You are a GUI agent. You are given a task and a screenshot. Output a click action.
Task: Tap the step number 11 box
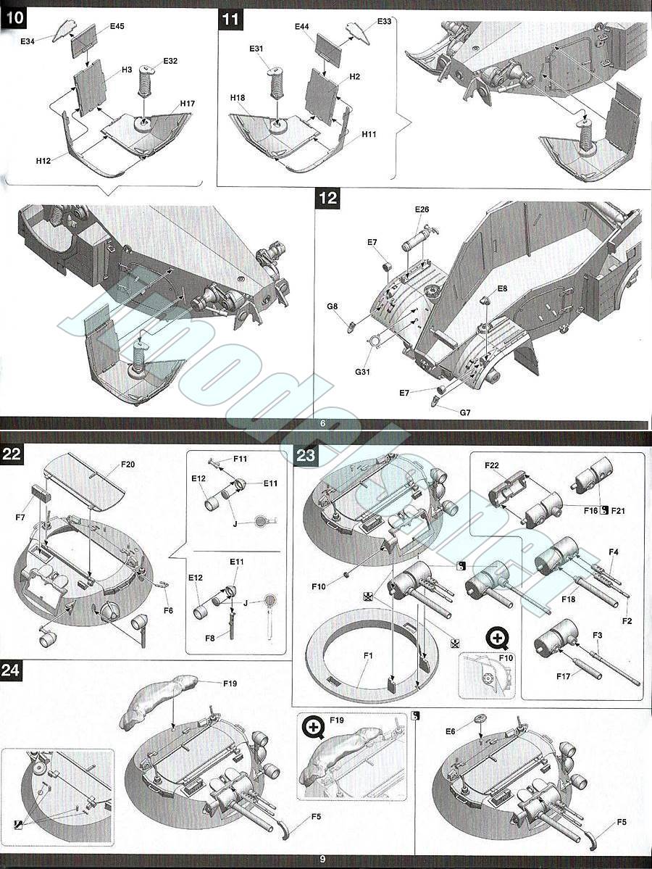pyautogui.click(x=230, y=20)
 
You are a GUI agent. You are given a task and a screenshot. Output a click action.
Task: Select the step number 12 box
pyautogui.click(x=328, y=198)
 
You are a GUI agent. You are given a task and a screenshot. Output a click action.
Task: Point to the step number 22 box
pyautogui.click(x=11, y=454)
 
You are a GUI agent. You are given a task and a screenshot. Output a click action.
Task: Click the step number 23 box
pyautogui.click(x=306, y=455)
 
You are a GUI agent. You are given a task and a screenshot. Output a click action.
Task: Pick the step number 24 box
pyautogui.click(x=11, y=670)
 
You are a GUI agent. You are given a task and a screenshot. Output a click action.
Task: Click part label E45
pyautogui.click(x=117, y=26)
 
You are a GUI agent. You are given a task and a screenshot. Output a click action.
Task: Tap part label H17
pyautogui.click(x=188, y=103)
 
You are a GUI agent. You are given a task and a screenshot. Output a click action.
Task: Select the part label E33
pyautogui.click(x=384, y=22)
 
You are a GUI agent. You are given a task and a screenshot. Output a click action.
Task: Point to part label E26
pyautogui.click(x=422, y=210)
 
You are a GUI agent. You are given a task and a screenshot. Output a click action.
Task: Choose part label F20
pyautogui.click(x=128, y=464)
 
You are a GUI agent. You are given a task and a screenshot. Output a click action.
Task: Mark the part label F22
pyautogui.click(x=492, y=465)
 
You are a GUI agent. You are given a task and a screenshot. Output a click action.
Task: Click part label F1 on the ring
pyautogui.click(x=368, y=656)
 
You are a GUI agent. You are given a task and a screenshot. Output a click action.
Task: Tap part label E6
pyautogui.click(x=451, y=732)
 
